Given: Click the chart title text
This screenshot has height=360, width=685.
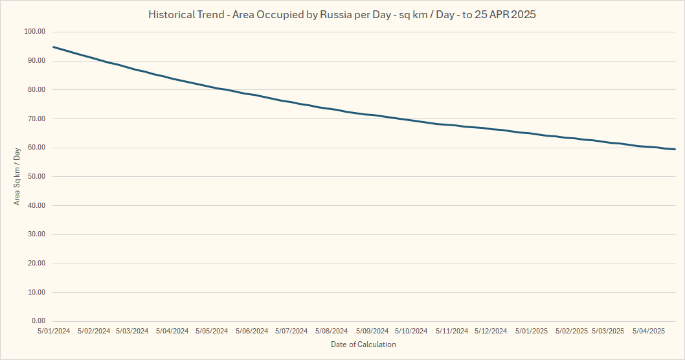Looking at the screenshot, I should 342,14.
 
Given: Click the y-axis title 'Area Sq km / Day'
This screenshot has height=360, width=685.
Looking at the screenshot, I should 17,176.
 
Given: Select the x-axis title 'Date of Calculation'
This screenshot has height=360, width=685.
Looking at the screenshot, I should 363,344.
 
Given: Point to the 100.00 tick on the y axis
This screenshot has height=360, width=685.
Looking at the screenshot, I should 34,32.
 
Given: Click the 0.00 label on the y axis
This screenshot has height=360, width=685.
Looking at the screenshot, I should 38,321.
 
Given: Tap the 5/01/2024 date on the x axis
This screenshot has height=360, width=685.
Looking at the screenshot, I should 54,331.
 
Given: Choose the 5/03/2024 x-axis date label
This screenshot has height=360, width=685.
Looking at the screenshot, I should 133,331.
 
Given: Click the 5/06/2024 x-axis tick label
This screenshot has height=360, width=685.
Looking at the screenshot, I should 251,331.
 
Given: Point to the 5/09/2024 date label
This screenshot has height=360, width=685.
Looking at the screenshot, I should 372,331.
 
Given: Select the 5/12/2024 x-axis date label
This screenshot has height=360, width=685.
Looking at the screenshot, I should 491,331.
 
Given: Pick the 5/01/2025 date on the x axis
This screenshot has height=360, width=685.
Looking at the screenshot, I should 532,331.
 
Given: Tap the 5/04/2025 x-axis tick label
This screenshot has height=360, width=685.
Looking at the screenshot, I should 649,331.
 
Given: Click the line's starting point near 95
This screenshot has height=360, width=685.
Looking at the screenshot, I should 54,47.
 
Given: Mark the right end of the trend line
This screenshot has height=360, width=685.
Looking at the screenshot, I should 675,150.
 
